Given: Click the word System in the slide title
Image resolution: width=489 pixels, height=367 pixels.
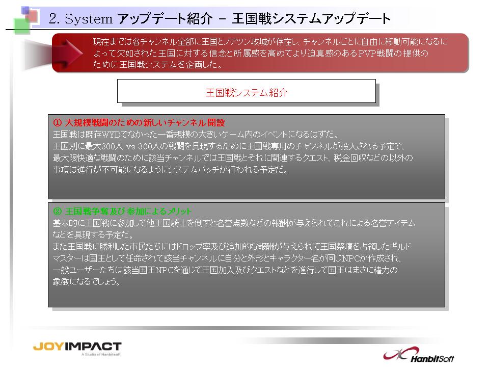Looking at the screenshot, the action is pos(88,19).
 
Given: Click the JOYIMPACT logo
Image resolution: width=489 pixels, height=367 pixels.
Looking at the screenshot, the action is pos(77,347).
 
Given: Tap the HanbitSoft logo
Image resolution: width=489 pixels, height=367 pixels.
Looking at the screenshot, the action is pos(419,355).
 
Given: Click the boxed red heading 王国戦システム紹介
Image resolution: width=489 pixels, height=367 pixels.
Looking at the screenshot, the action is pos(247,92).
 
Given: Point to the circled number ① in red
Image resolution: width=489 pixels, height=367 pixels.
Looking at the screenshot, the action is pos(58,123).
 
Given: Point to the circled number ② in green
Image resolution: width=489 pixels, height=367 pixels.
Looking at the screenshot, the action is pos(58,211).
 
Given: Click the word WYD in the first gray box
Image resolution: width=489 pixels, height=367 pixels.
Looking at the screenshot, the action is pos(109,135).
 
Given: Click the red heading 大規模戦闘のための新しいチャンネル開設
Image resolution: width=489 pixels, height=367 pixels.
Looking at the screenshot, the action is pos(145,123).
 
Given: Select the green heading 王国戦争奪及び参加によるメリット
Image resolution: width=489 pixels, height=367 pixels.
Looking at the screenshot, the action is pos(128,211).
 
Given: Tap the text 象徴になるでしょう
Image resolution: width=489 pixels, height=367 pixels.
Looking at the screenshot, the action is pos(86,281).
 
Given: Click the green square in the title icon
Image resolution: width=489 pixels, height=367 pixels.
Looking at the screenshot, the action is pos(22,26).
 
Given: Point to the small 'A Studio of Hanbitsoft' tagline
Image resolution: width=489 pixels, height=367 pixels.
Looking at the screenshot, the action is pos(101,354).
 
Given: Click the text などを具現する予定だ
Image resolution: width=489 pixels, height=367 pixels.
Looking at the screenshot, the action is pos(93,234).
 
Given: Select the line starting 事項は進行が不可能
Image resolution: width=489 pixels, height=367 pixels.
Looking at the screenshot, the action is pos(170,169).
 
